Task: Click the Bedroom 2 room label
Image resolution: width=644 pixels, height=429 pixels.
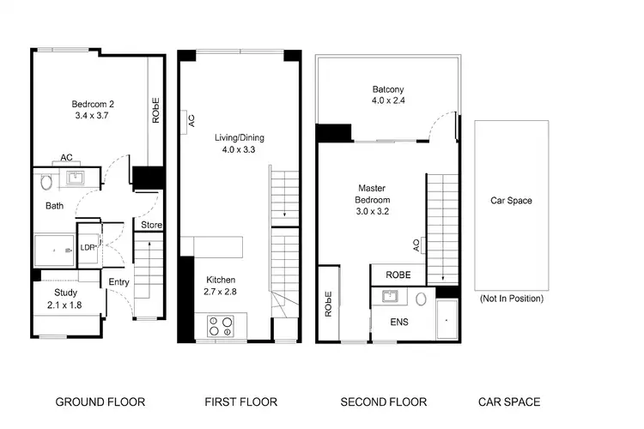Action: click(93, 105)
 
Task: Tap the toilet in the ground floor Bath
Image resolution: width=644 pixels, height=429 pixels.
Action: click(47, 182)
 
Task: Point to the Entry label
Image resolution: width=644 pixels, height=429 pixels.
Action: click(118, 281)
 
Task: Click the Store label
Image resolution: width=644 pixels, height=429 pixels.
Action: click(151, 226)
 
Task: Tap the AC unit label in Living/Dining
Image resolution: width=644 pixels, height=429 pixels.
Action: click(190, 120)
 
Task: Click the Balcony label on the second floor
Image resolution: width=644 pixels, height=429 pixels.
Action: click(388, 89)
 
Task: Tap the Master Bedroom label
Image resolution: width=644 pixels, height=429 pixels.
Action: click(374, 195)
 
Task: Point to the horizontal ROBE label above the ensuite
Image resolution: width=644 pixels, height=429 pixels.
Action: click(398, 275)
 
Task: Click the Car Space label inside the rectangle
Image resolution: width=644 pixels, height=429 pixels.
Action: click(511, 201)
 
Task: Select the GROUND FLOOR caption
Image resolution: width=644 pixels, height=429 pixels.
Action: click(100, 402)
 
